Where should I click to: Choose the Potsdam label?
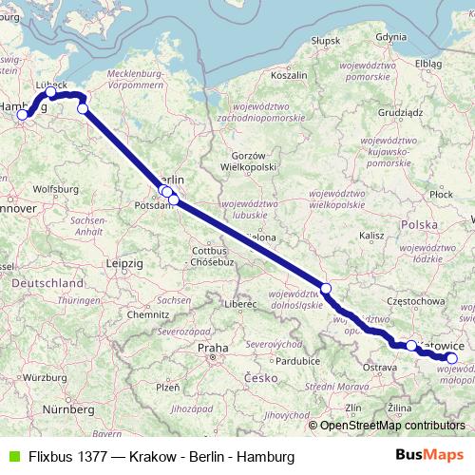[151, 204]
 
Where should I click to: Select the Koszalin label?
[289, 73]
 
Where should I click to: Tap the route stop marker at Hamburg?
[23, 115]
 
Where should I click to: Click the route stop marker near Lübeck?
[51, 93]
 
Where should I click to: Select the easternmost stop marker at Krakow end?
[452, 357]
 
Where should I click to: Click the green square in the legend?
[11, 456]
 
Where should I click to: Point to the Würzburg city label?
[35, 378]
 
